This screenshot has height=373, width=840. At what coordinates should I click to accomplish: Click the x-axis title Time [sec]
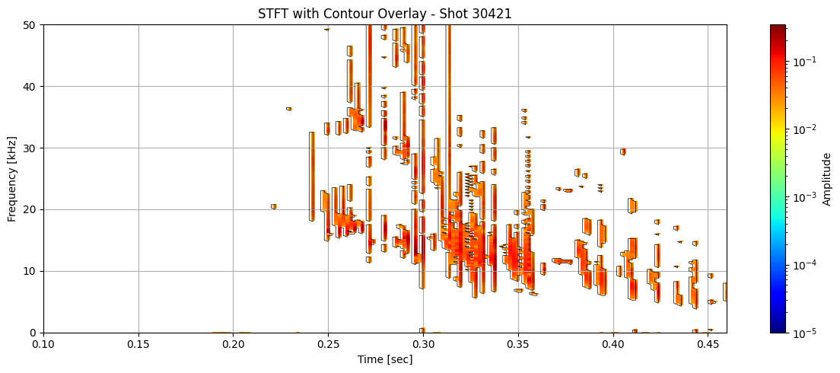(x=385, y=359)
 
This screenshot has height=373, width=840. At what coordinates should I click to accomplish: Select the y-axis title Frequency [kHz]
(x=12, y=178)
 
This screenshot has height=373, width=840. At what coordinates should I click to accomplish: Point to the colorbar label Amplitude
(x=826, y=178)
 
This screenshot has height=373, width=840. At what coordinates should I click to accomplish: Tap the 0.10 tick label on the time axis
(x=43, y=345)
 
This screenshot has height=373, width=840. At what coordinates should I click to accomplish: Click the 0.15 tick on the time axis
(x=138, y=345)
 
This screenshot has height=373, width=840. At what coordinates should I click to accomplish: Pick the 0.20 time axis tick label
(x=234, y=345)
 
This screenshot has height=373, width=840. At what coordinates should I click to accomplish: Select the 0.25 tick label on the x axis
(x=328, y=345)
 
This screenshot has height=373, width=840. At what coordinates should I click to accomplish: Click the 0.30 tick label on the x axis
(x=423, y=345)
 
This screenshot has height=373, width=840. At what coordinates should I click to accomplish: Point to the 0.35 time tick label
(x=518, y=345)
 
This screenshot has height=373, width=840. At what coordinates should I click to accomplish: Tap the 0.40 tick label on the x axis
(x=613, y=345)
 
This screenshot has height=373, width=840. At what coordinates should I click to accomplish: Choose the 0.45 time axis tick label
(x=708, y=345)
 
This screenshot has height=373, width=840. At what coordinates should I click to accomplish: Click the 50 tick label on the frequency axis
(x=32, y=25)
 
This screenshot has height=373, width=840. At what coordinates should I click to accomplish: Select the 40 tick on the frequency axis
(x=32, y=87)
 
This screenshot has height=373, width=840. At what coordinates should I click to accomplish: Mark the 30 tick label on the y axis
(x=32, y=148)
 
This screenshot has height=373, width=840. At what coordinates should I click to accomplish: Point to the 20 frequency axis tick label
(x=32, y=209)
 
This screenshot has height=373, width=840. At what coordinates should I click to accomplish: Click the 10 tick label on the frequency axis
(x=32, y=271)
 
